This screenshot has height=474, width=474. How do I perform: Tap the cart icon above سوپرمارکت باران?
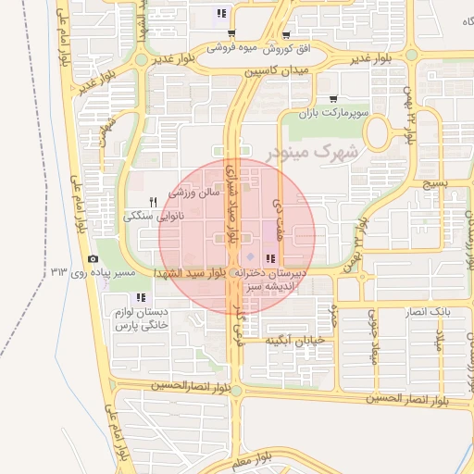(x=332, y=98)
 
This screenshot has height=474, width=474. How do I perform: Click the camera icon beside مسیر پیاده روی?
(x=93, y=258)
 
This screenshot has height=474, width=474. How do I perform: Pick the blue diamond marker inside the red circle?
(x=248, y=256)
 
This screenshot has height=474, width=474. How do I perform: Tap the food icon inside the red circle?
(x=270, y=258)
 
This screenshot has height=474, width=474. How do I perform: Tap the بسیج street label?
(x=432, y=184)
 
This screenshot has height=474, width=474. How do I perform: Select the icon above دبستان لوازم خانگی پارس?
(x=141, y=297)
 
